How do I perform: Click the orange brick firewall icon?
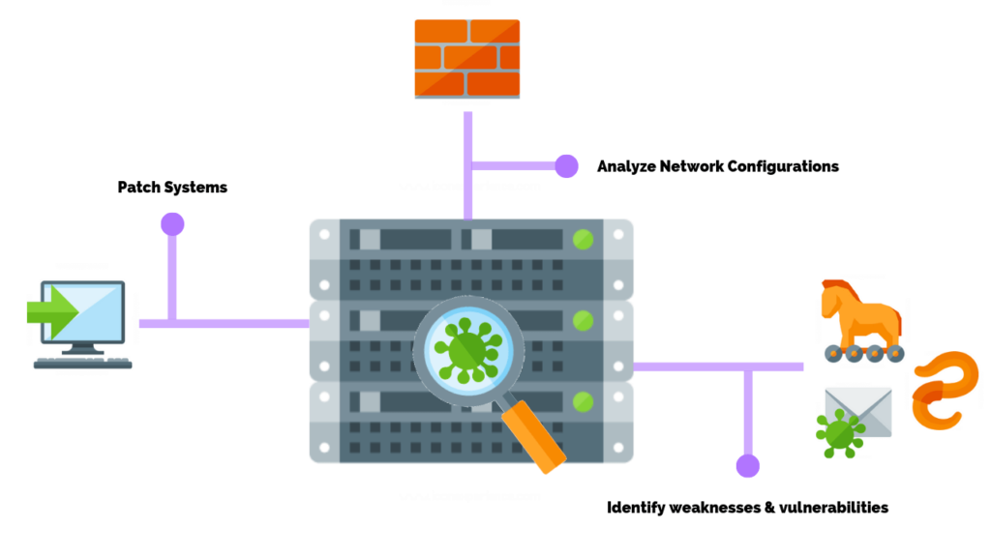(x=467, y=58)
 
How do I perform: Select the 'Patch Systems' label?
(x=172, y=187)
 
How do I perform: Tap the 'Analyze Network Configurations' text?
(x=717, y=166)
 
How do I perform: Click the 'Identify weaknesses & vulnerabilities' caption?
(x=747, y=507)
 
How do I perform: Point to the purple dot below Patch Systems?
(x=172, y=224)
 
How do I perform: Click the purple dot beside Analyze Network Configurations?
(x=566, y=166)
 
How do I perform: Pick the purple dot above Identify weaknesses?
(x=747, y=466)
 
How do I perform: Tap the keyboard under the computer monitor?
(x=82, y=364)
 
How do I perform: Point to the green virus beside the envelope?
(x=839, y=434)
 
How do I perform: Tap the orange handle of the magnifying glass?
(x=535, y=437)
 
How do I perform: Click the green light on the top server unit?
(x=583, y=238)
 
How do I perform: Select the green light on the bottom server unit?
(x=583, y=400)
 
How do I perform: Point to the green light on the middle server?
(x=583, y=319)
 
